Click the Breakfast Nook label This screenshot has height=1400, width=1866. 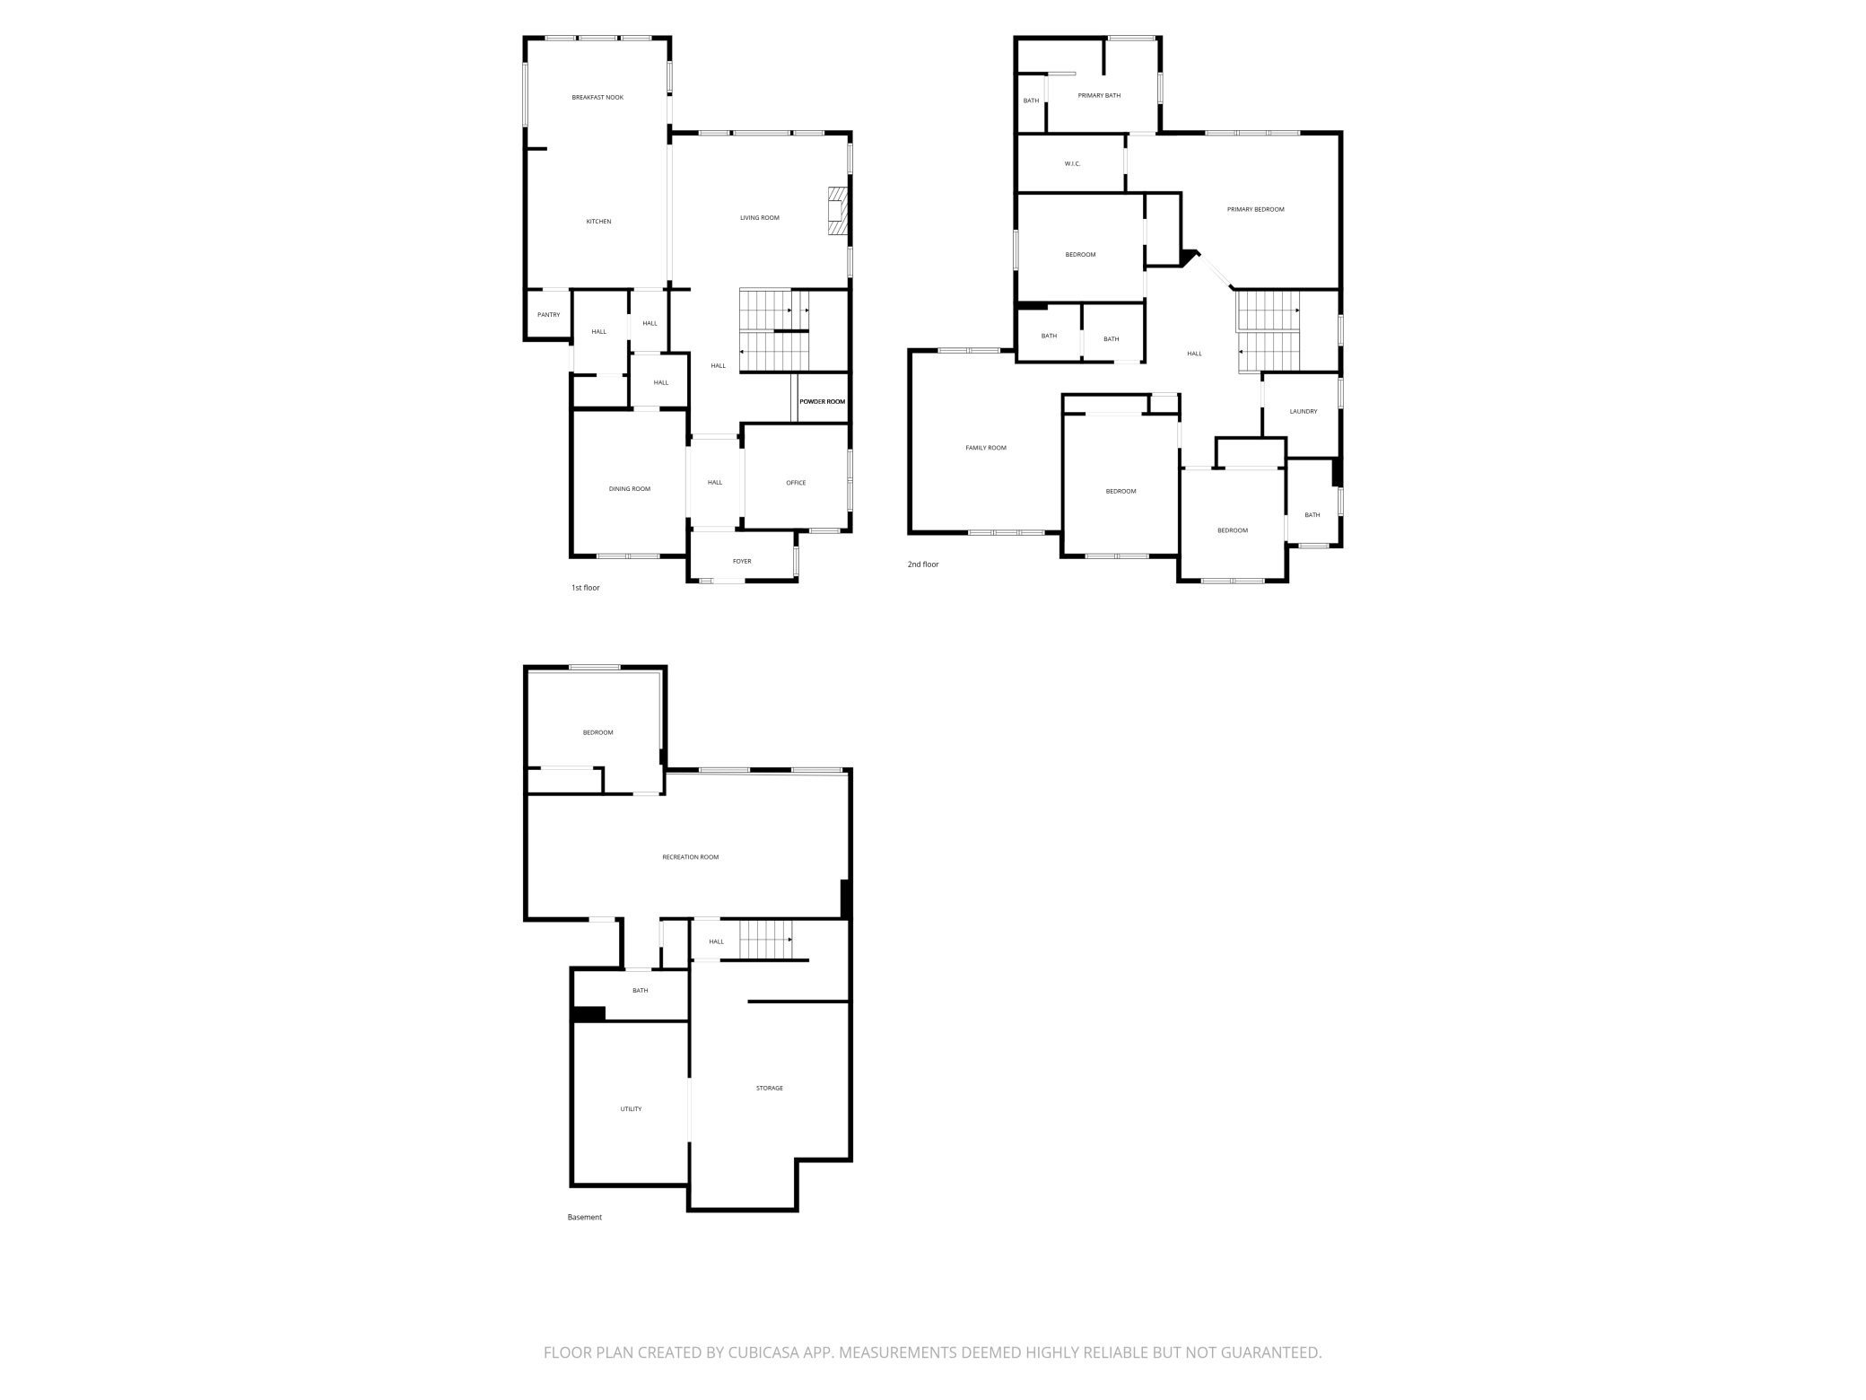coord(597,97)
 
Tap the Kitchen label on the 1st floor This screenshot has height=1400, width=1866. coord(598,222)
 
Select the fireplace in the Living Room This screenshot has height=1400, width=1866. coord(837,211)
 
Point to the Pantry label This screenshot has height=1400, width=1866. coord(548,315)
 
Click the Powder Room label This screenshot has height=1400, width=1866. coord(822,401)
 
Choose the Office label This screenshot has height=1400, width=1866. coord(796,483)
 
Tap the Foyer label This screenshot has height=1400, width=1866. coord(742,561)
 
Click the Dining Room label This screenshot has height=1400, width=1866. coord(629,489)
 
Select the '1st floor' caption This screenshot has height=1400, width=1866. coord(585,588)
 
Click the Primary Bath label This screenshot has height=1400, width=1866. coord(1099,95)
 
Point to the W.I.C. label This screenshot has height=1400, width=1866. coord(1072,163)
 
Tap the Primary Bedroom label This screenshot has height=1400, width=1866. coord(1255,209)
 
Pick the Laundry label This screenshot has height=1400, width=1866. coord(1303,411)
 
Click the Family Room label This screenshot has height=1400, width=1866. coord(985,448)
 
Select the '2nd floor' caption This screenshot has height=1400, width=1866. coord(922,564)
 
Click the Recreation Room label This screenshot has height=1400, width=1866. coord(690,857)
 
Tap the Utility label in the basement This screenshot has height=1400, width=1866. coord(631,1109)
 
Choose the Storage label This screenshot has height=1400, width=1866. coord(769,1088)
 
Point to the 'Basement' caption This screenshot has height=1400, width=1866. coord(584,1217)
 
